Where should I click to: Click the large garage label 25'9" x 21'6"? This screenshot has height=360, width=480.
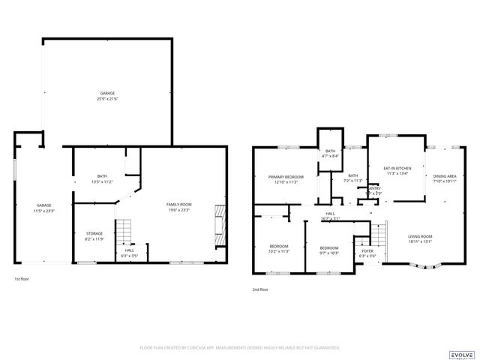tap(108, 96)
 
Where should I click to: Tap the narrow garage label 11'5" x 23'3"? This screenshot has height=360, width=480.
tap(44, 207)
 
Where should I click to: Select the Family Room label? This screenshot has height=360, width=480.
tap(179, 207)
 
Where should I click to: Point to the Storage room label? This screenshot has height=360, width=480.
tap(94, 236)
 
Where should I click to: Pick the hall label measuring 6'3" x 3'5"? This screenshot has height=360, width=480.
tap(130, 253)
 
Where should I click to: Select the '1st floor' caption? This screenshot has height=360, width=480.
tap(22, 279)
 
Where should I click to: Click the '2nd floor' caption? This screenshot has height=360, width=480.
tap(262, 289)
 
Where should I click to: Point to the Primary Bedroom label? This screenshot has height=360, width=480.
tap(286, 179)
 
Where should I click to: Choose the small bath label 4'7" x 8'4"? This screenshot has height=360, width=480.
tap(331, 154)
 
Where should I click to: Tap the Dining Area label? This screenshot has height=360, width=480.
tap(445, 178)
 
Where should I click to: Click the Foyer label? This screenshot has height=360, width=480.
tap(367, 253)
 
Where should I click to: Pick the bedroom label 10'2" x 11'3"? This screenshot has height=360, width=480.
tap(279, 249)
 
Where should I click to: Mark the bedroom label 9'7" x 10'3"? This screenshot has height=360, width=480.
tap(329, 250)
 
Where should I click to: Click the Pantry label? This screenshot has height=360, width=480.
tap(373, 190)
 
